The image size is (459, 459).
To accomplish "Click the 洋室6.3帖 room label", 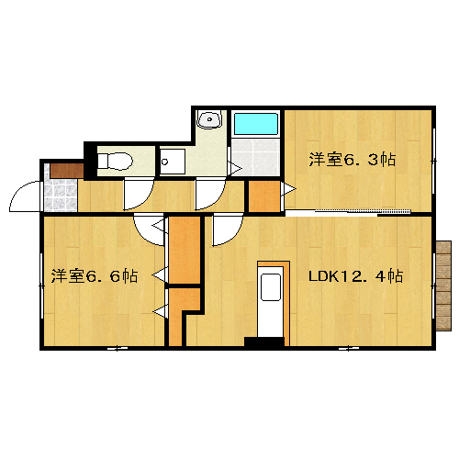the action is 353,160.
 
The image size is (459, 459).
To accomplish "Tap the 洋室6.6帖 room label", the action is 95,276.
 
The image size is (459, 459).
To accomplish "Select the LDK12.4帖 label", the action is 355,276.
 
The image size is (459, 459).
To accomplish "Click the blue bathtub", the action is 256,124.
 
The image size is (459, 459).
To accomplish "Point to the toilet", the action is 115,161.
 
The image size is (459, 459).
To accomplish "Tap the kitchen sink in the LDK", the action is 271,287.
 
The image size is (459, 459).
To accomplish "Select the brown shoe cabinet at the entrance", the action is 67,171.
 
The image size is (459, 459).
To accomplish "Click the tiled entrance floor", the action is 61,195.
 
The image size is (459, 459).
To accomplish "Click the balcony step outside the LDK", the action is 443,285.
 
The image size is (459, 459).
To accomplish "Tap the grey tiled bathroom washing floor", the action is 256,156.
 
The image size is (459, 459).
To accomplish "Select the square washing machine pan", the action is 173,162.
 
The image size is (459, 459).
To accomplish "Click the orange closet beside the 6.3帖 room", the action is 264,196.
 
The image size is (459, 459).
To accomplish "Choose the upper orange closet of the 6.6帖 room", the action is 185,250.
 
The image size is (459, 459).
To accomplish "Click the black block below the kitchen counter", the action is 264,341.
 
